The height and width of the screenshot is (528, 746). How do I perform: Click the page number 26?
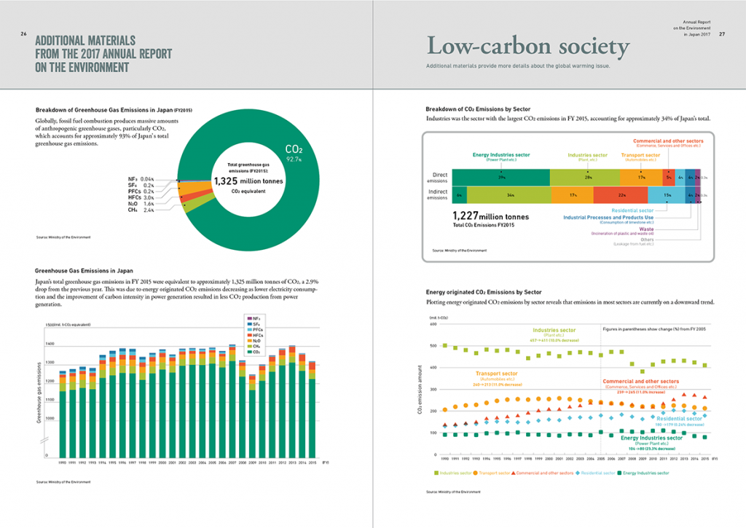(x=23, y=34)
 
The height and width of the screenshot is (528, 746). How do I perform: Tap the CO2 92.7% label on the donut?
(x=294, y=152)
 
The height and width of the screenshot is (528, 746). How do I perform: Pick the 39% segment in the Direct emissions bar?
(x=501, y=177)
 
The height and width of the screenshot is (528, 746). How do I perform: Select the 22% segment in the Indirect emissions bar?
(x=619, y=196)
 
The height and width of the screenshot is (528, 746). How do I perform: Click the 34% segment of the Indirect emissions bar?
(x=509, y=196)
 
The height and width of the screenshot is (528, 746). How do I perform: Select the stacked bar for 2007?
(x=232, y=409)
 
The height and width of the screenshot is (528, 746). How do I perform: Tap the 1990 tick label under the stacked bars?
(x=63, y=462)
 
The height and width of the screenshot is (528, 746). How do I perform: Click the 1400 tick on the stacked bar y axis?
(x=50, y=343)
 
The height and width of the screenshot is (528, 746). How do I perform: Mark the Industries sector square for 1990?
(x=445, y=345)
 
